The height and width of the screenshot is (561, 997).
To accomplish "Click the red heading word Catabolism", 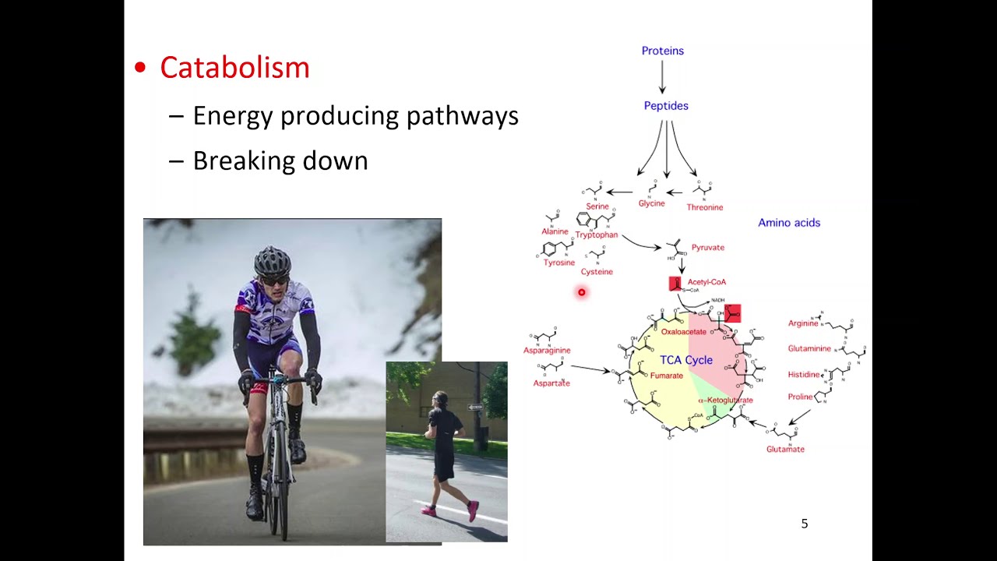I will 234,68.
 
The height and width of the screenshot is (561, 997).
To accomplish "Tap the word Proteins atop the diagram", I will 662,51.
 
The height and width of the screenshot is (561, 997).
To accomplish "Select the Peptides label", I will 666,106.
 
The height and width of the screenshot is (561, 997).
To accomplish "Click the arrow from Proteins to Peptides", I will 662,77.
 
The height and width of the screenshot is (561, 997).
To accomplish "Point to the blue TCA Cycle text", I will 686,360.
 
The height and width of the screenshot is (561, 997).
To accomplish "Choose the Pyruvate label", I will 707,248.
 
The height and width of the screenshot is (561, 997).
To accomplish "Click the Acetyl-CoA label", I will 706,282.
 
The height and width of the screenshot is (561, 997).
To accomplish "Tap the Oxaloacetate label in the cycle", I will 683,332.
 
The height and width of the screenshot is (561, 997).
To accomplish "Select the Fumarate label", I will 666,376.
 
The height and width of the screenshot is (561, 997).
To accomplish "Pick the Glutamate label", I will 785,450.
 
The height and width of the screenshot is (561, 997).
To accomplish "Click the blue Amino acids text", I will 789,223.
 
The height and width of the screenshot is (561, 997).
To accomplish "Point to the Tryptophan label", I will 597,235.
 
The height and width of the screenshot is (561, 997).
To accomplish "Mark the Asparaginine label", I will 547,351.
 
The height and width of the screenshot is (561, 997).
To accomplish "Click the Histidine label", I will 803,375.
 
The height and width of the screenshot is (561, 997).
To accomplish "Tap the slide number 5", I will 805,524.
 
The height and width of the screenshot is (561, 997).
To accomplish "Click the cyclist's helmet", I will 272,259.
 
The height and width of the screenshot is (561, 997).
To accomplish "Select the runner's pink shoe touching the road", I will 472,511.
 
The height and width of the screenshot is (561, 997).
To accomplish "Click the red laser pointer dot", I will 581,292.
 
